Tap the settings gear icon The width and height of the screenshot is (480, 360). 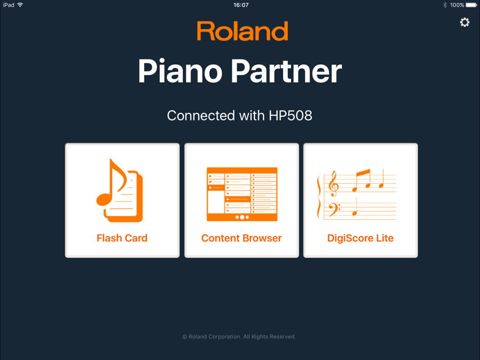pos(464,22)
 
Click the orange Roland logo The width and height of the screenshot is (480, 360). pos(242,31)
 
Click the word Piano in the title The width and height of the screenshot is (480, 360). pos(180,71)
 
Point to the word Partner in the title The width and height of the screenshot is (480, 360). pos(286,71)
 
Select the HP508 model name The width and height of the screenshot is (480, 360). pos(290,116)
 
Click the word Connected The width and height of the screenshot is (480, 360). pos(201,116)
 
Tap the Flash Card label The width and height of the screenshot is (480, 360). pos(122,238)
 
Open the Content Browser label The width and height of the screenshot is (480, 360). pos(241,238)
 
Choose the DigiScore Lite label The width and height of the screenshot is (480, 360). pos(360,238)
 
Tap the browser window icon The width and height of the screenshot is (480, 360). pos(242,194)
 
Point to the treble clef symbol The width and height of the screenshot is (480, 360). pos(333,184)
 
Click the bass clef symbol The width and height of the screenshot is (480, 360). pos(334,210)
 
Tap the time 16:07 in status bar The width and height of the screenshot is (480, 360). pos(241,5)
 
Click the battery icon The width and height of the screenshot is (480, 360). pos(471,5)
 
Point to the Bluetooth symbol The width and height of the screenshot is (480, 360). pos(445,5)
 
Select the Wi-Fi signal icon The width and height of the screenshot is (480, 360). pos(20,5)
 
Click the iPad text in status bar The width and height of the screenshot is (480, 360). pos(9,5)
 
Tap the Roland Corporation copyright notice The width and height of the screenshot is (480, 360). pos(239,337)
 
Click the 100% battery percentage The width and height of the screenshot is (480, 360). pos(457,5)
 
